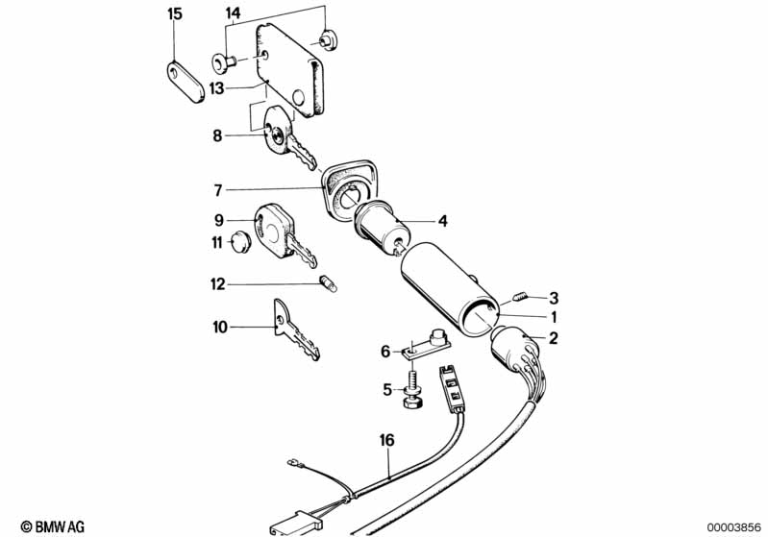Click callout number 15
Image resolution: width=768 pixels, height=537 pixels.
tap(174, 13)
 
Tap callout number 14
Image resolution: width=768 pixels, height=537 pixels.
tap(234, 13)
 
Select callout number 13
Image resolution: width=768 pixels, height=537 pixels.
tap(217, 86)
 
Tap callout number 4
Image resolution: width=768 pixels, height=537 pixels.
tap(443, 220)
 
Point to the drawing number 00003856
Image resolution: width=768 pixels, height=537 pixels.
tap(734, 526)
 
